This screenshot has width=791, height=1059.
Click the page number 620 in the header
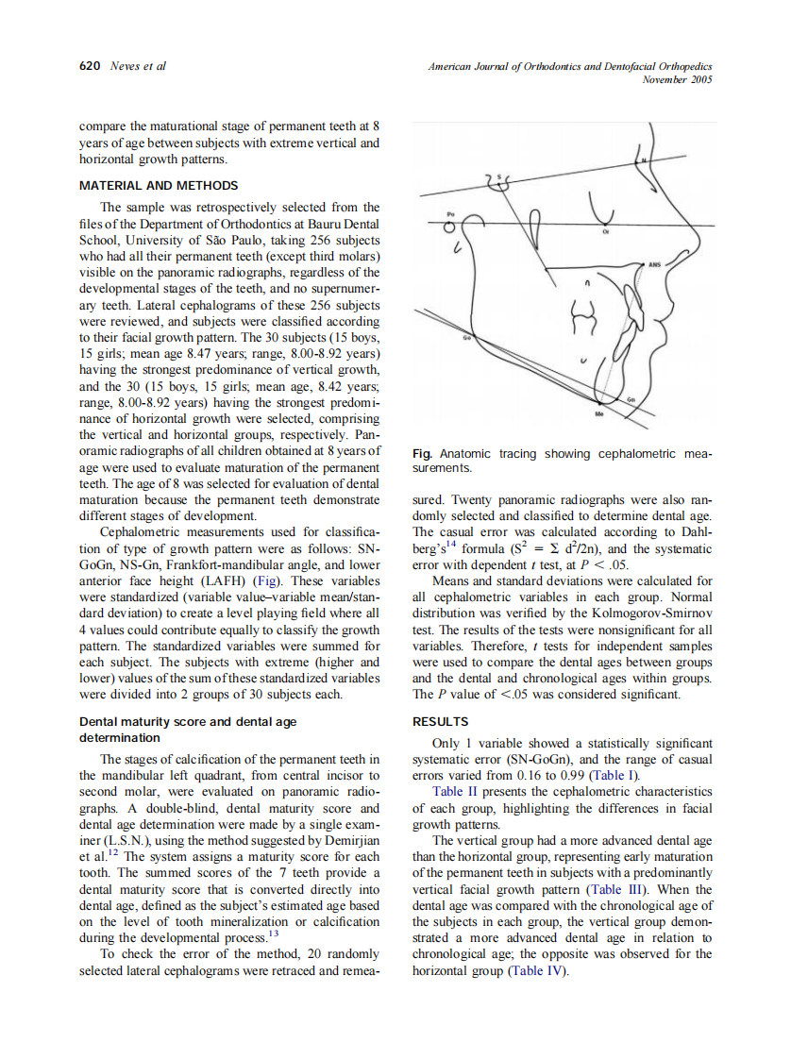point(90,66)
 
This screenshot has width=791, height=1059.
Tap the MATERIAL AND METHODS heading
point(159,185)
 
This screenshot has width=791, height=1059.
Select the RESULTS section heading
point(440,722)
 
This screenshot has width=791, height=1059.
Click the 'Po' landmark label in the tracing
point(450,213)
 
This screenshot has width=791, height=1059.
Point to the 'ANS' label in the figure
point(655,265)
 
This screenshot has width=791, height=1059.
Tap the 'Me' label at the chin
point(598,414)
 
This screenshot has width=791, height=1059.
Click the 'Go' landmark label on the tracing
point(465,336)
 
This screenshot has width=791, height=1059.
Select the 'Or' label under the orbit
point(605,231)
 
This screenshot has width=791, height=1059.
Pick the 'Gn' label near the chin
point(631,400)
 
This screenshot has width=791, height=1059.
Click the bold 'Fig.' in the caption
point(423,454)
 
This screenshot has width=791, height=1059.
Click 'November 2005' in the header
point(677,80)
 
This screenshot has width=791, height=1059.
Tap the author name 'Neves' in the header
point(125,66)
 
